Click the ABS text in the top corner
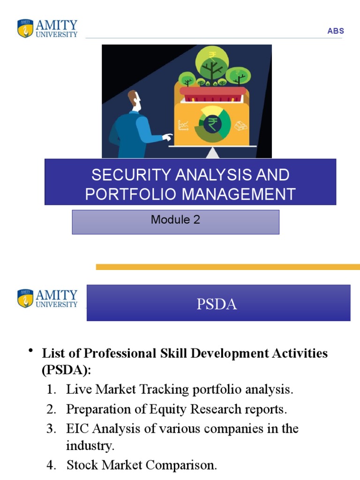(336, 31)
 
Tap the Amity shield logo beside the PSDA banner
(25, 298)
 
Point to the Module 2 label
(175, 219)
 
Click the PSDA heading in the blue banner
(217, 304)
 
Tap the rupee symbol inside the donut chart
(212, 125)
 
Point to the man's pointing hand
(167, 137)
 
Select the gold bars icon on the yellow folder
(241, 126)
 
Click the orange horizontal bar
(228, 267)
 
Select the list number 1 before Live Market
(52, 390)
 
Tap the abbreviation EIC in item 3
(78, 429)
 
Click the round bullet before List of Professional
(31, 352)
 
